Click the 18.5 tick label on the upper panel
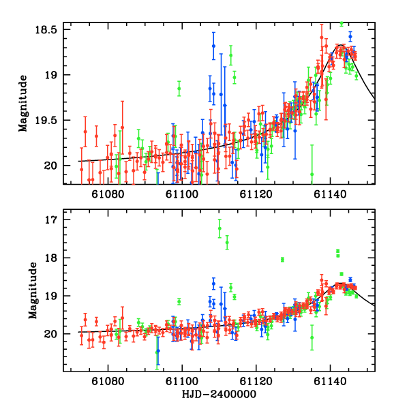tap(48, 30)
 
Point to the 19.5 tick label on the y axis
tap(48, 120)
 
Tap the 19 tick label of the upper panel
tap(52, 75)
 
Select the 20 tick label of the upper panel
tap(52, 166)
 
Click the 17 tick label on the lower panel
tap(52, 220)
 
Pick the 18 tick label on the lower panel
tap(52, 258)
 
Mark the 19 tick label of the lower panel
tap(52, 296)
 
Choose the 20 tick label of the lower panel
tap(52, 334)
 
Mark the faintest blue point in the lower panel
tap(158, 350)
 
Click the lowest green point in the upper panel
tap(312, 174)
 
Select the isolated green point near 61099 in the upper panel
tap(179, 89)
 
